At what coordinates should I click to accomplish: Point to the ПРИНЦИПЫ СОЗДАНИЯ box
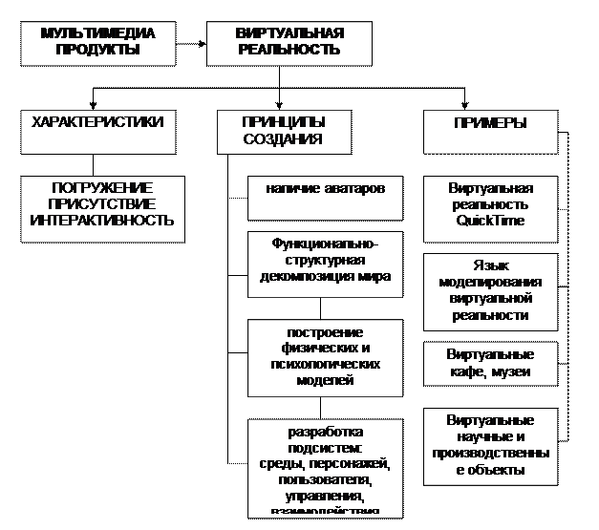pyautogui.click(x=284, y=131)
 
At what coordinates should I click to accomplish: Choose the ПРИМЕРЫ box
pyautogui.click(x=489, y=131)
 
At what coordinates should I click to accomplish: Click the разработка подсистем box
pyautogui.click(x=326, y=468)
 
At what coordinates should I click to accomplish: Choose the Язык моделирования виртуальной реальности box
pyautogui.click(x=490, y=290)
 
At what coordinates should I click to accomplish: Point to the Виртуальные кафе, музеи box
pyautogui.click(x=490, y=363)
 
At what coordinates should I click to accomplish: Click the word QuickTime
pyautogui.click(x=490, y=222)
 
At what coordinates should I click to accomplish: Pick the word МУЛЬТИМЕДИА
pyautogui.click(x=97, y=33)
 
